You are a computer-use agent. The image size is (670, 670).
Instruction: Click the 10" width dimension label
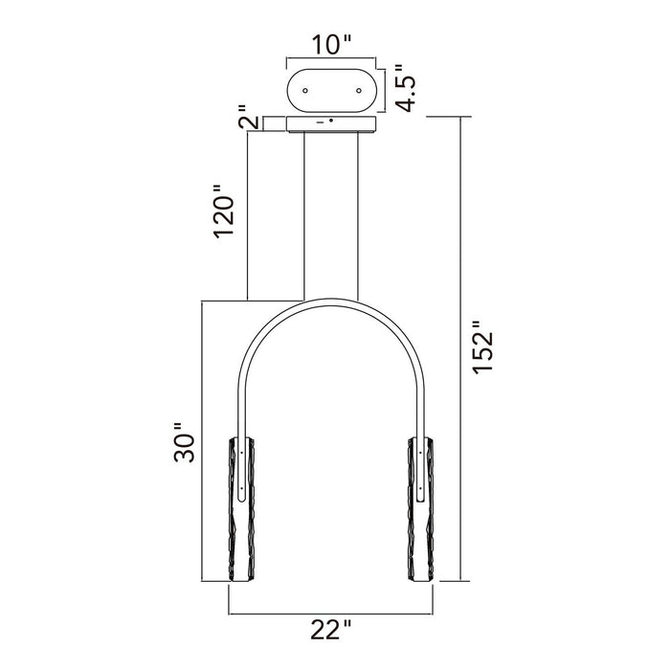333,43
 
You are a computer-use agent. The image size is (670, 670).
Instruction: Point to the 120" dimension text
226,212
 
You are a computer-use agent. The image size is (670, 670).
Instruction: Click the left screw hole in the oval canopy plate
305,91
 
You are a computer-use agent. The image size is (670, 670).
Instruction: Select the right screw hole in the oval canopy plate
360,91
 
